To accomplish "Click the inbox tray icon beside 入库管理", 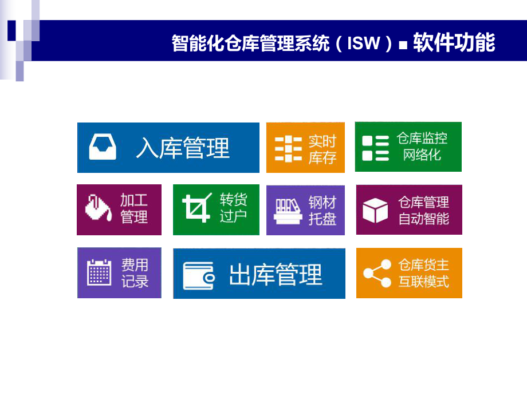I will (x=103, y=147).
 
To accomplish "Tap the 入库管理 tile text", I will (x=182, y=148).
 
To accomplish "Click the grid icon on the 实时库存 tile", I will (x=288, y=149).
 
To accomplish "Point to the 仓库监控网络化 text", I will (x=422, y=147).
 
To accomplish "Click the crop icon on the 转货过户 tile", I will (x=196, y=208).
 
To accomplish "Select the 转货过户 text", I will (x=233, y=208).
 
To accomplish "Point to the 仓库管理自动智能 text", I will (x=424, y=210).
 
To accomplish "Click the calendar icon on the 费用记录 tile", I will (x=99, y=272).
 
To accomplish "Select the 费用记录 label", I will (x=135, y=273).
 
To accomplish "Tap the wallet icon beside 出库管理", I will (x=198, y=275).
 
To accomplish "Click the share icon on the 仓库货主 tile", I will (x=376, y=273).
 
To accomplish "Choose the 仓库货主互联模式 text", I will (x=424, y=273).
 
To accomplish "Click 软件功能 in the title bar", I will (x=454, y=43).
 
